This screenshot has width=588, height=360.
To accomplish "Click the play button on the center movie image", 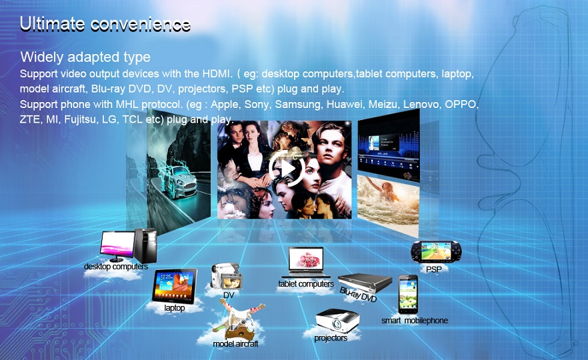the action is point(287,169).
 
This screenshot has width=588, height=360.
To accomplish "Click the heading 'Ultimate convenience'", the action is point(105,24).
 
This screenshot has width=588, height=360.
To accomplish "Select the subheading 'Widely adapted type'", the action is point(85,57).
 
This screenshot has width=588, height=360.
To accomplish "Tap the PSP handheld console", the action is point(436,251).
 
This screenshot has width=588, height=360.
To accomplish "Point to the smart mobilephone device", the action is point(408,295).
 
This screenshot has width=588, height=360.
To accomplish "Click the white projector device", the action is point(337,321).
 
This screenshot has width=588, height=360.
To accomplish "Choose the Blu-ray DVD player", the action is point(365,283).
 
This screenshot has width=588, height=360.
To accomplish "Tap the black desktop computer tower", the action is point(145,245).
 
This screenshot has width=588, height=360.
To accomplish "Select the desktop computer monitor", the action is point(117,246).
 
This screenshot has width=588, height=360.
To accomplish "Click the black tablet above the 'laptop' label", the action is point(175,286).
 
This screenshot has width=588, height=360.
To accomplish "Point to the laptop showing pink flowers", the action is point(306,262).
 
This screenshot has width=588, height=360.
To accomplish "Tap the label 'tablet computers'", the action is point(306,284).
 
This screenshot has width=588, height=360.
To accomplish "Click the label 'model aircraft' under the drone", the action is point(235,343).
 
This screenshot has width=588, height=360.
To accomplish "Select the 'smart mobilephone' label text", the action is point(415,321).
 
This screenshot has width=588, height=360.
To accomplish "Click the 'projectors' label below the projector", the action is point(331,338).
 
